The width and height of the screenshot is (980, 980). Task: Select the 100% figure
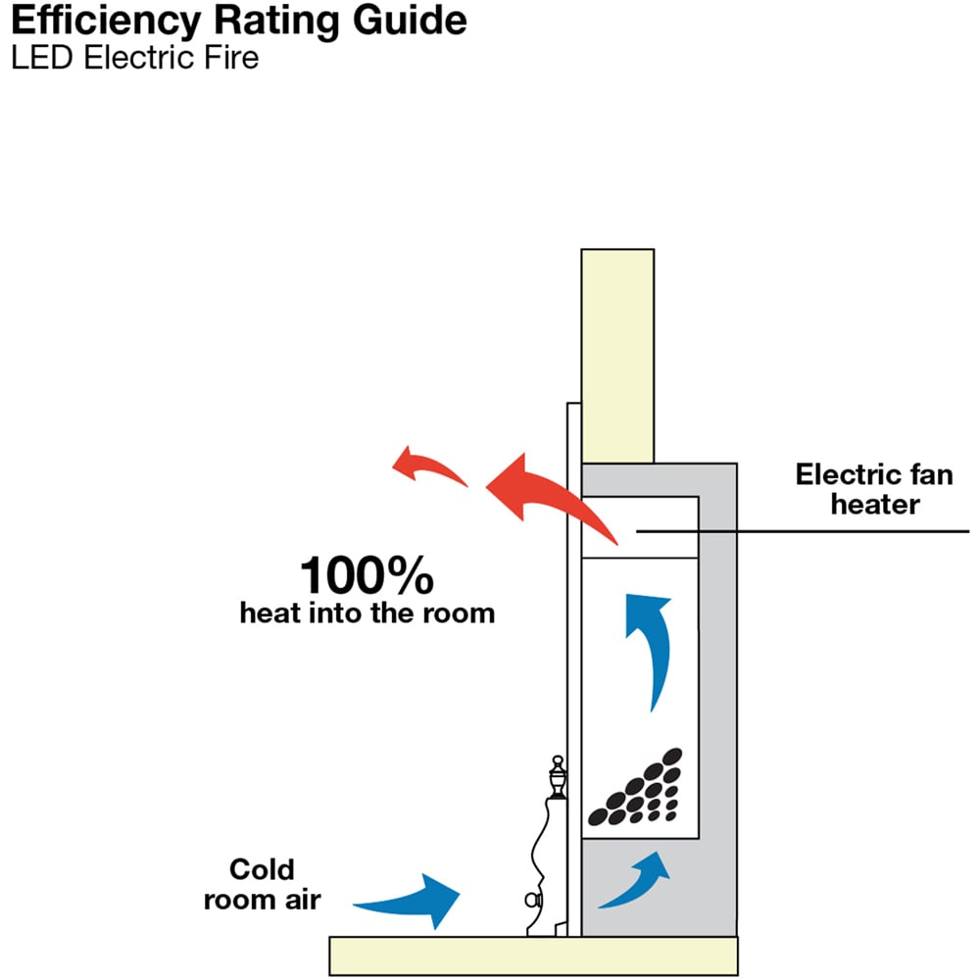(367, 575)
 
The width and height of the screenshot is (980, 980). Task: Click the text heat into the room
(367, 614)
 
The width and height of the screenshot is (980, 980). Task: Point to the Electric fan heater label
(873, 490)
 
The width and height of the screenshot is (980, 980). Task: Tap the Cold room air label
(262, 884)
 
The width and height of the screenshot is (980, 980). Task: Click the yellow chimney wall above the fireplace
(616, 353)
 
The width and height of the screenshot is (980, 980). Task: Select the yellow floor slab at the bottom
(533, 955)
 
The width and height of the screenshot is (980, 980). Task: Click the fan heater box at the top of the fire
(639, 527)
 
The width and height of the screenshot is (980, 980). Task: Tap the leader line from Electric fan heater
(833, 532)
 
